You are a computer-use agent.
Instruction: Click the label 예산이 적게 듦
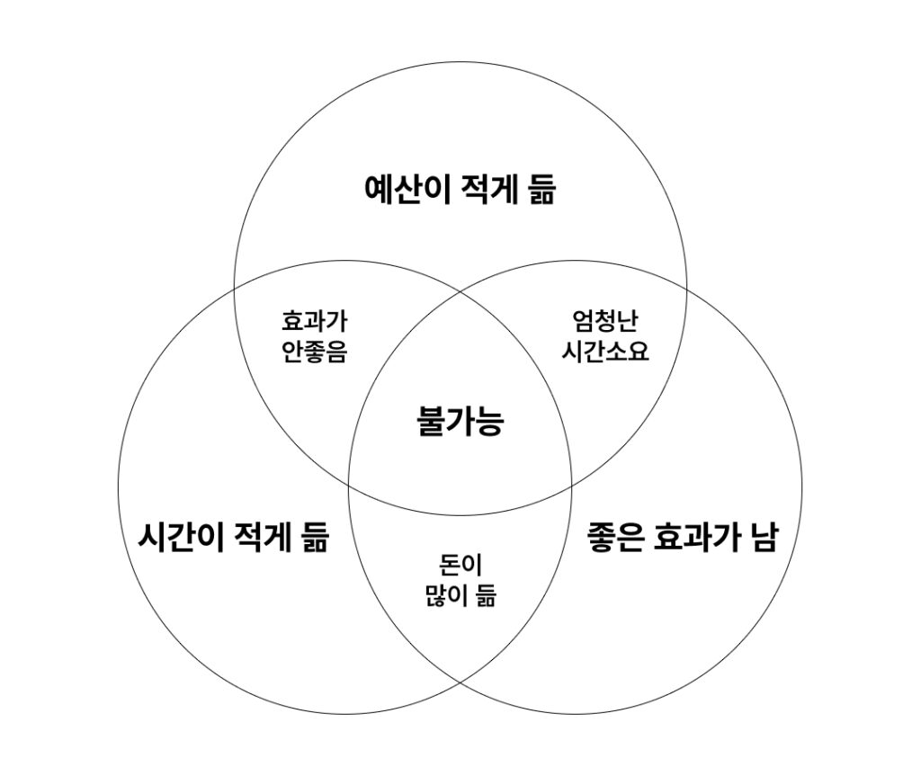point(460,190)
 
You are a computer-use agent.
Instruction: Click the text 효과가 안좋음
point(314,335)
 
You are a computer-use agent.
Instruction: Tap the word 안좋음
point(314,351)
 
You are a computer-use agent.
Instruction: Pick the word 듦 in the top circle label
point(538,190)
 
